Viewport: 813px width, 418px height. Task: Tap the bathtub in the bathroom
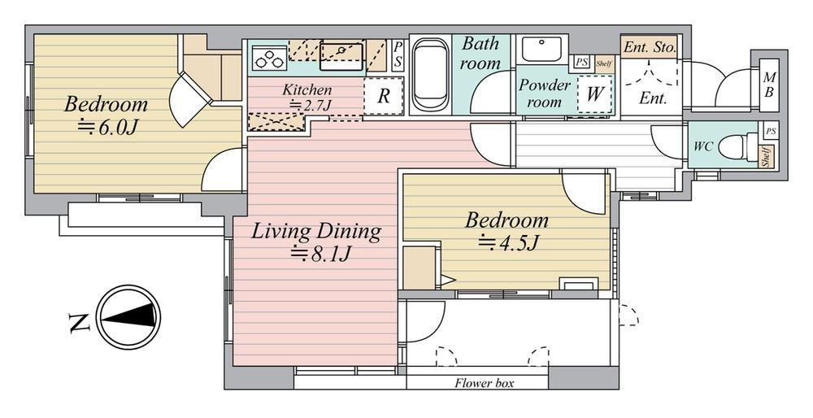point(430,75)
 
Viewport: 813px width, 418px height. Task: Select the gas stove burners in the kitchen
point(270,57)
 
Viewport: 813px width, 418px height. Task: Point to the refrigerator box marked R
point(384,96)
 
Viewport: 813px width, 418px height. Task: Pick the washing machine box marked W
point(595,94)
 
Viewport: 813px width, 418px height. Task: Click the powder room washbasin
point(541,50)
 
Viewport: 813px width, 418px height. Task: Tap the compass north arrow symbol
point(128,316)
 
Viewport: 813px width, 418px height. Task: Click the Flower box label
point(485,383)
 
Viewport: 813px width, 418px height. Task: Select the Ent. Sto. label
point(650,48)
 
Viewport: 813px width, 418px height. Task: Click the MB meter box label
point(769,85)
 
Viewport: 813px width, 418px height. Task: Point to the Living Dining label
point(316,231)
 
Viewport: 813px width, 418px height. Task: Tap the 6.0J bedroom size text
point(108,125)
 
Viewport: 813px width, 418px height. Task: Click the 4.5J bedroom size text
point(509,242)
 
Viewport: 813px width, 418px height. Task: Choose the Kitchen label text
point(307,89)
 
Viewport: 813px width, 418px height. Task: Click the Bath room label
point(480,54)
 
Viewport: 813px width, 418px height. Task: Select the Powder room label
point(545,94)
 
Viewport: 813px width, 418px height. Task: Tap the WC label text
point(703,146)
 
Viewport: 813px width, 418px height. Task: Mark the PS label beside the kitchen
point(398,54)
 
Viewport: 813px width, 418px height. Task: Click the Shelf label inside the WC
point(766,157)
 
